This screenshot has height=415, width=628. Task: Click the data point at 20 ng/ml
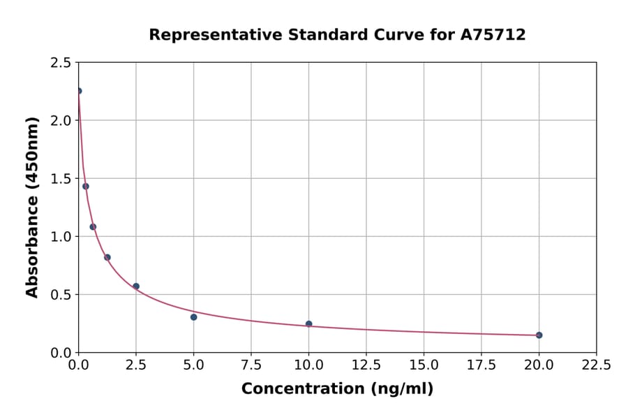click(539, 335)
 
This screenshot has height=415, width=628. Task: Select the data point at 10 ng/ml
click(309, 324)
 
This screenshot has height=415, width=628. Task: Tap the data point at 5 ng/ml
click(194, 317)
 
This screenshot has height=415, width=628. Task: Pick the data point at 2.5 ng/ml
click(136, 286)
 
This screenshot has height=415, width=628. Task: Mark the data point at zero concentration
click(79, 91)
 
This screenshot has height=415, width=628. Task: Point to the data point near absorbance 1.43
click(86, 187)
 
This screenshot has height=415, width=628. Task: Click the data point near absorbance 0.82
click(107, 257)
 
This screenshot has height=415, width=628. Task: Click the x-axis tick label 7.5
click(251, 365)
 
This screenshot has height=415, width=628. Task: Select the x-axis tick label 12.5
click(366, 365)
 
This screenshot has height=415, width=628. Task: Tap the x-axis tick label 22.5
click(596, 365)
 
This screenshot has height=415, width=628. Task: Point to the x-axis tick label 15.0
click(424, 365)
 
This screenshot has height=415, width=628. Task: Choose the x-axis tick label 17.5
click(481, 365)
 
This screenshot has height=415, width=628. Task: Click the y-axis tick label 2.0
click(61, 121)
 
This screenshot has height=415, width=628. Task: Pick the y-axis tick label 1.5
click(61, 179)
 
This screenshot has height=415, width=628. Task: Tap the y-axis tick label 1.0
click(61, 237)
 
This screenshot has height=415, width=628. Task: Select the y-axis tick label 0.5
click(61, 295)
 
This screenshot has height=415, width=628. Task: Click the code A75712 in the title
click(493, 35)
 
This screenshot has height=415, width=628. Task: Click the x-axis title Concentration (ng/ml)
click(337, 389)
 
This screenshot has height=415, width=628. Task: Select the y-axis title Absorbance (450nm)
click(33, 207)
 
